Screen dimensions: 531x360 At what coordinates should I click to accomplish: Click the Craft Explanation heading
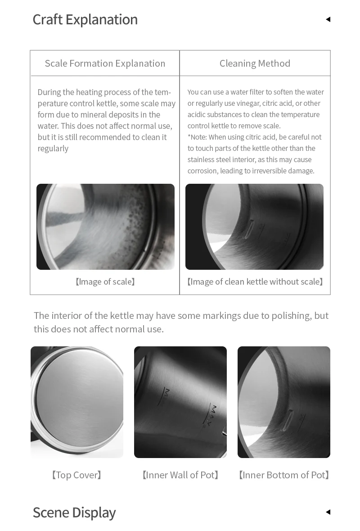(85, 19)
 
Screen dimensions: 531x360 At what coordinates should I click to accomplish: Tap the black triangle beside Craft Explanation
(328, 19)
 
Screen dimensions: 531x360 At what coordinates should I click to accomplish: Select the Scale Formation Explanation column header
(105, 63)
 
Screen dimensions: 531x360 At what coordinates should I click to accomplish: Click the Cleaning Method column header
(255, 63)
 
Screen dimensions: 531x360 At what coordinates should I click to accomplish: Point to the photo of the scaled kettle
(105, 227)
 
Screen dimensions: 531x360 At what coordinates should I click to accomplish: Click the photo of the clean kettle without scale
(254, 227)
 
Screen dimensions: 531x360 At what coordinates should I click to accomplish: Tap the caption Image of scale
(105, 282)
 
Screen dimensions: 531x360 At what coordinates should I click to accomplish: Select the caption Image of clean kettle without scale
(255, 282)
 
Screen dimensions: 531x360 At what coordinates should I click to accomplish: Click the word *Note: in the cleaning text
(197, 137)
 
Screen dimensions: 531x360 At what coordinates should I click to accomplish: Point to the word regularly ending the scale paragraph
(53, 149)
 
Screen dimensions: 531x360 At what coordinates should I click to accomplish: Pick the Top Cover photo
(77, 402)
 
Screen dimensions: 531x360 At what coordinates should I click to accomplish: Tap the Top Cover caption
(77, 475)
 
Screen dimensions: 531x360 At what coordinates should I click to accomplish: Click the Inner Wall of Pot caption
(180, 475)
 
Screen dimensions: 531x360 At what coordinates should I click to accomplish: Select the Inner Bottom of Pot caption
(284, 475)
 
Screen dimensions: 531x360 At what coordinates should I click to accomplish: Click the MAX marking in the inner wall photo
(214, 413)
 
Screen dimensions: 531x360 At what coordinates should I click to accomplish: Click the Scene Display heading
(74, 513)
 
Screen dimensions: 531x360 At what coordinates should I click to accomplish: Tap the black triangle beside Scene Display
(328, 512)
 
